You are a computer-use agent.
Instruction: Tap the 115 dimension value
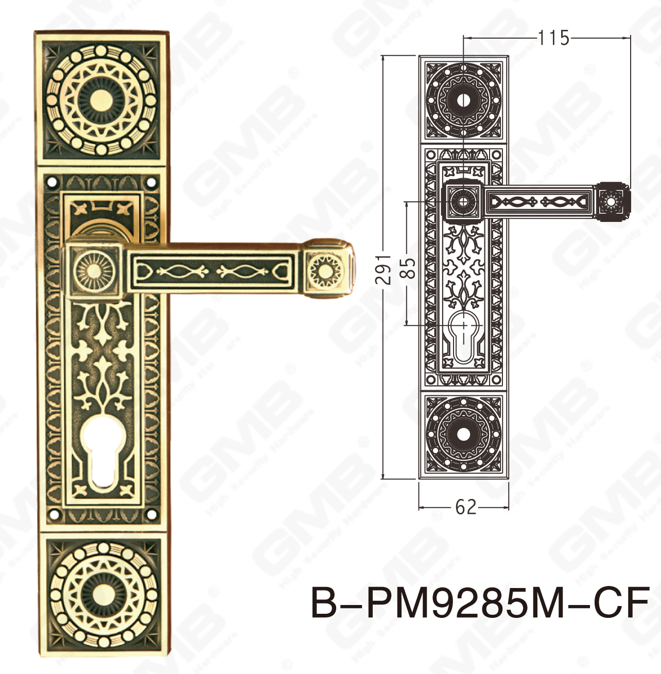coord(554,38)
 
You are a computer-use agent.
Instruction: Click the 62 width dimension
coord(466,508)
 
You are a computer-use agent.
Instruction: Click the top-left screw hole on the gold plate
coord(53,182)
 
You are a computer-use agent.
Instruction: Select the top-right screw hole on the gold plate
coord(151,182)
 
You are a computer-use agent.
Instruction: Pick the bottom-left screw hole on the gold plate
coord(53,513)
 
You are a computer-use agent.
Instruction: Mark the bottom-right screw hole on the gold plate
coord(151,513)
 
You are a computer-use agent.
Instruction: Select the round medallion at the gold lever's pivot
coord(93,270)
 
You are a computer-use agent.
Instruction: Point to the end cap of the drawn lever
coord(612,201)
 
